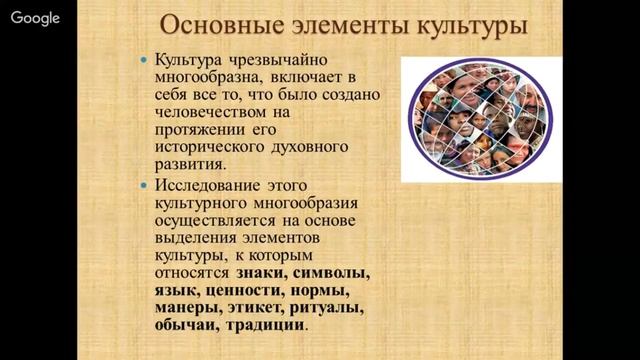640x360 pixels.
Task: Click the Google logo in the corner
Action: (35, 17)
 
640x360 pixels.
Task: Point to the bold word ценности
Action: (240, 290)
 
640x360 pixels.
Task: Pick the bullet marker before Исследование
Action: (145, 185)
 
